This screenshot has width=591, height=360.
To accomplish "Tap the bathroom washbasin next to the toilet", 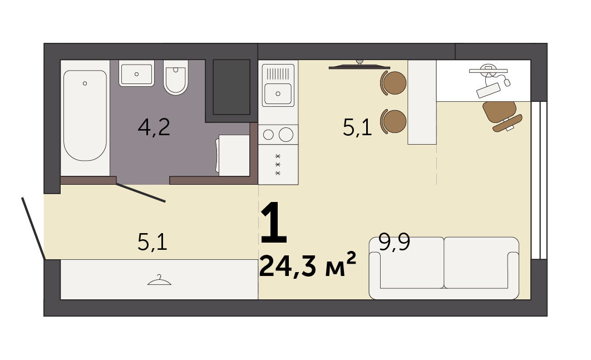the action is [136, 73].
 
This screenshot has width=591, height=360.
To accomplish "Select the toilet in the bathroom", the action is [176, 77].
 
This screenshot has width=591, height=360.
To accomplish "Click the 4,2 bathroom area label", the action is [154, 127].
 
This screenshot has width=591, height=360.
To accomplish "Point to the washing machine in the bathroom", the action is [233, 155].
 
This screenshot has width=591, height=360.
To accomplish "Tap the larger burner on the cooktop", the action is [285, 135].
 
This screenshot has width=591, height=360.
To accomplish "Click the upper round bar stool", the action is [393, 82].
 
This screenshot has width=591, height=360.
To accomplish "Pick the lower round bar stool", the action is [393, 121].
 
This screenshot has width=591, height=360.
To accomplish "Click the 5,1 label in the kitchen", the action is [357, 127].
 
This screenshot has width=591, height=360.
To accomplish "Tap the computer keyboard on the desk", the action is [489, 90].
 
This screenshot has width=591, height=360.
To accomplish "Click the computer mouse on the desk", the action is [507, 82].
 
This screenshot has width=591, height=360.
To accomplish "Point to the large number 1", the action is [274, 222].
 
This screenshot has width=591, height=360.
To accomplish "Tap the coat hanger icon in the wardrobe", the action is [159, 280].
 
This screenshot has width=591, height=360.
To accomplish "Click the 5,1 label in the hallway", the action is [152, 242].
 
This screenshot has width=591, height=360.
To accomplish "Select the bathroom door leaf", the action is [141, 193].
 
